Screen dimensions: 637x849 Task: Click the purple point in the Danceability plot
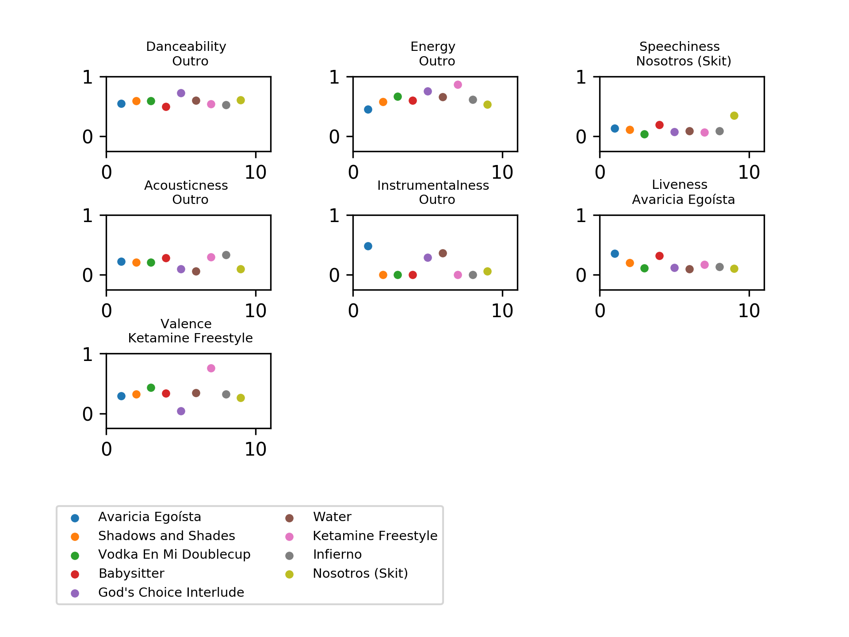(181, 93)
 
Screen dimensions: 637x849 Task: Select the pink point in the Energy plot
(458, 84)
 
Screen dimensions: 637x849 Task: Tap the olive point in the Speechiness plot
(734, 115)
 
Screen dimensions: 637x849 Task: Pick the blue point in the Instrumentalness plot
(368, 246)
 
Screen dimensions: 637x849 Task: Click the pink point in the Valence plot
(211, 368)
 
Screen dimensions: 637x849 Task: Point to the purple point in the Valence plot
(181, 411)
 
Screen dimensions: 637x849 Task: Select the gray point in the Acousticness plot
(226, 255)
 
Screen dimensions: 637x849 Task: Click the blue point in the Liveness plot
(615, 253)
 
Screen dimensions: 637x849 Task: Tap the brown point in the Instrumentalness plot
(443, 253)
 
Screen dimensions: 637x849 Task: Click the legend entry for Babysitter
(131, 573)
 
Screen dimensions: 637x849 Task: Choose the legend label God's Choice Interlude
(171, 592)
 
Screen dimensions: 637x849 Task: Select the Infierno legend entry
(337, 554)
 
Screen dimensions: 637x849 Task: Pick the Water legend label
(332, 517)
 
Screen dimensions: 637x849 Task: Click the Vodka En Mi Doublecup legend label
(174, 554)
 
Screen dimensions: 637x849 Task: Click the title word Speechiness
(679, 46)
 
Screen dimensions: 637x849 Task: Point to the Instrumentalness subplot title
(433, 185)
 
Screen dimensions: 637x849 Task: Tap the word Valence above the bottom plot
(186, 324)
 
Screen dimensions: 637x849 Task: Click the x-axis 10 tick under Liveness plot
(749, 311)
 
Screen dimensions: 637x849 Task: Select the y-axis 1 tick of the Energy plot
(335, 77)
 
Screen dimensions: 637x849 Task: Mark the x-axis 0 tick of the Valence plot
(107, 449)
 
